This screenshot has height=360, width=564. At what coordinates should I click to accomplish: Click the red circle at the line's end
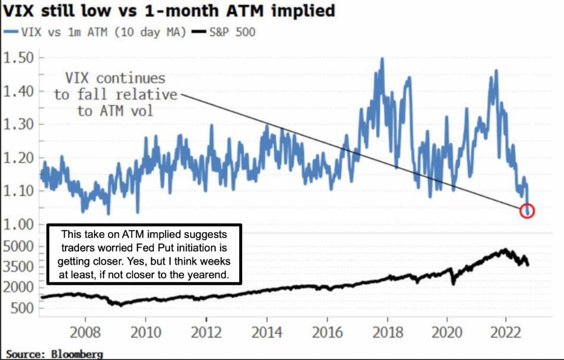[527, 211]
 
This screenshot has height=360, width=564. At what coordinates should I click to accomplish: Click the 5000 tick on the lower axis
[20, 246]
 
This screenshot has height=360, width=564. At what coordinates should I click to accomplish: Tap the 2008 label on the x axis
[86, 333]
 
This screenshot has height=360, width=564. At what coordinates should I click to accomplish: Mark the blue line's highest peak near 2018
[382, 59]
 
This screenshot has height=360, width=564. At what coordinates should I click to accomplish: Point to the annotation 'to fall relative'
[115, 94]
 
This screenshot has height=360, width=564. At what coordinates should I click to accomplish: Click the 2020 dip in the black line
[454, 283]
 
